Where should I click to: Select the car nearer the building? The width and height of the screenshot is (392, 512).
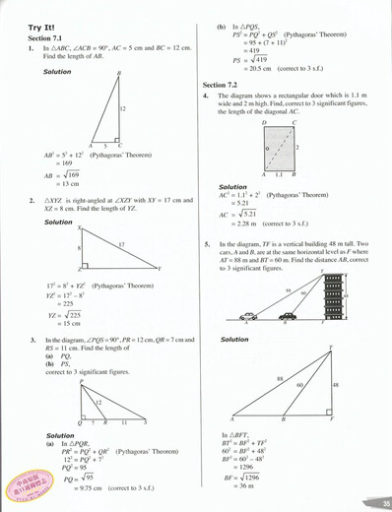287,289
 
